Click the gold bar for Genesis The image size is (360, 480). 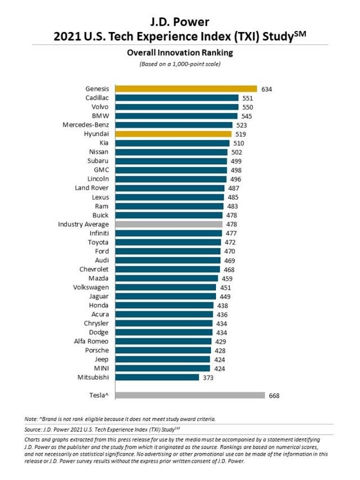186,88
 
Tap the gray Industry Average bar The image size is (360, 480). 169,224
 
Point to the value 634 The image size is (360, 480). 266,88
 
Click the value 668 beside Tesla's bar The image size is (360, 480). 274,396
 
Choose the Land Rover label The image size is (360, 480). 91,188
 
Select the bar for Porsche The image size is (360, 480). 163,350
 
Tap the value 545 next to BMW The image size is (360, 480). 246,116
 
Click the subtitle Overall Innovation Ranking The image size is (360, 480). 180,53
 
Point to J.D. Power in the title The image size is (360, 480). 180,22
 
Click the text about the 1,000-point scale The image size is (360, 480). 180,64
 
